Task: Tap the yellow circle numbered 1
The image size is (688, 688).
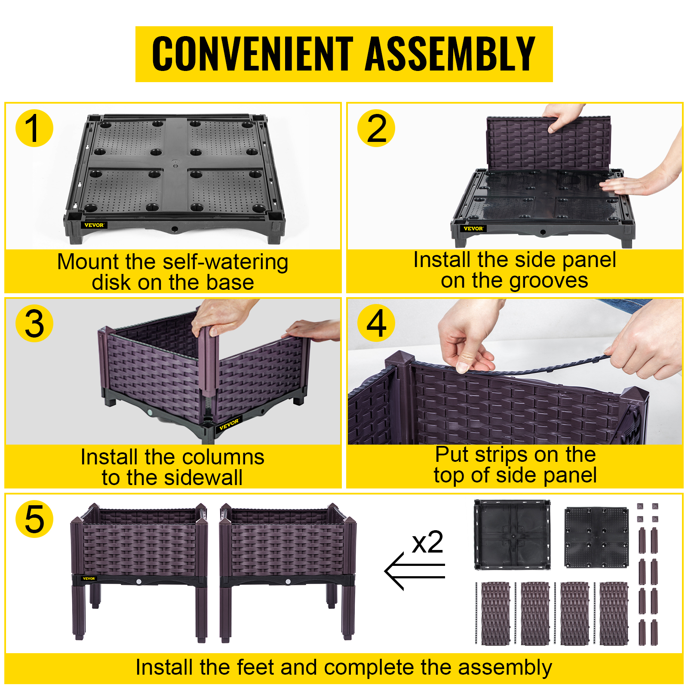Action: [34, 128]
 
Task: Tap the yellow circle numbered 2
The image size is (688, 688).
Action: [376, 128]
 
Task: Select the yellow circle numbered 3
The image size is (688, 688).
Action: [34, 323]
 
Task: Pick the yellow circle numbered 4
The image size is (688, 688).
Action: [376, 323]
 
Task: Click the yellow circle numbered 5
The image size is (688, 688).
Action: [34, 519]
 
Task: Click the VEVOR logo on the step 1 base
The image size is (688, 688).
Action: [94, 225]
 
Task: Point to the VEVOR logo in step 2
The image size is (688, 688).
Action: [473, 228]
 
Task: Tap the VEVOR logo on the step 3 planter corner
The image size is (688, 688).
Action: [229, 424]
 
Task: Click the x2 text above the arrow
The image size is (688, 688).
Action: [427, 542]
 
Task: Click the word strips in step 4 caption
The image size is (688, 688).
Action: [501, 455]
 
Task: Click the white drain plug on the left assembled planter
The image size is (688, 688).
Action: [139, 581]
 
